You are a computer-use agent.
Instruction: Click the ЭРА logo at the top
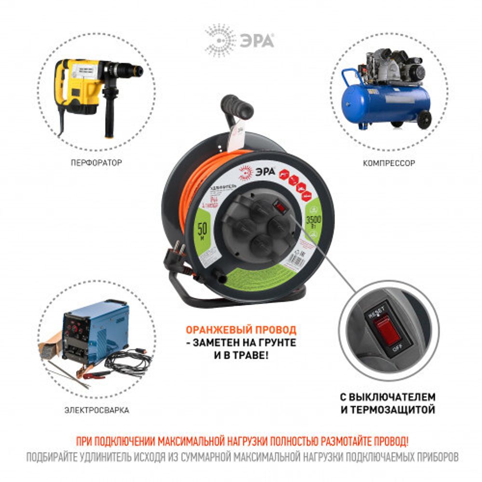(240, 40)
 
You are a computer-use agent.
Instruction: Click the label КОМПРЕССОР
(388, 163)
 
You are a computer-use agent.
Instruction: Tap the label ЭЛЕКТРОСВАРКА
(97, 411)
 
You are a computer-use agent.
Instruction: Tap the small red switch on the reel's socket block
(279, 206)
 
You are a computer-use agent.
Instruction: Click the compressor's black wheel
(424, 120)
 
